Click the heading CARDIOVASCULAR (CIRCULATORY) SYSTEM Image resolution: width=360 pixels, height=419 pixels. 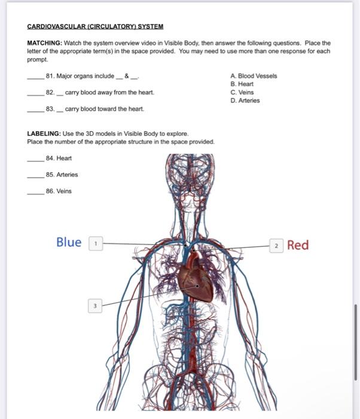click(95, 27)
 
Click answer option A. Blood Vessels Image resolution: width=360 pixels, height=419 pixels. click(254, 76)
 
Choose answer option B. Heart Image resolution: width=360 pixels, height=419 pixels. click(242, 84)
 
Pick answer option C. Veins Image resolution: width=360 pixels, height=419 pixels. click(242, 93)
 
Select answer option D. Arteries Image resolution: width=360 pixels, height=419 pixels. click(245, 101)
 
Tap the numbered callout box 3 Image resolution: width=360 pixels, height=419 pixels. click(94, 305)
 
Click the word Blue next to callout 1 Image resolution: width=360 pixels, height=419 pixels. click(69, 242)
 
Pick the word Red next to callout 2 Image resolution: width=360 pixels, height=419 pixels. click(298, 245)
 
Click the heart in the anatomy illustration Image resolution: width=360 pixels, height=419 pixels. click(196, 279)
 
